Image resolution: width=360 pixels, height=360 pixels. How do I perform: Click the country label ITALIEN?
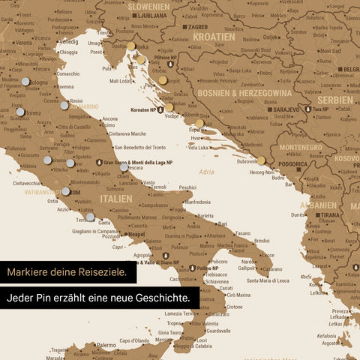click(115, 199)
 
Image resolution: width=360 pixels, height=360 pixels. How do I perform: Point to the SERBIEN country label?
click(334, 100)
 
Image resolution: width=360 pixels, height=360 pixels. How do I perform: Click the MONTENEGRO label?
click(303, 148)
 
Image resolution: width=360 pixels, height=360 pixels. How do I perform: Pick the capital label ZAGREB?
click(197, 26)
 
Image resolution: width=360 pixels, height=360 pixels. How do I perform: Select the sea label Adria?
click(207, 172)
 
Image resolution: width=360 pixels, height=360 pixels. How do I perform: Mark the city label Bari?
click(223, 223)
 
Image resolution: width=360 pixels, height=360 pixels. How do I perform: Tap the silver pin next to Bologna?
click(26, 82)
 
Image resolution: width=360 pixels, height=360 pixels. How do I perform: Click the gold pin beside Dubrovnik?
click(261, 160)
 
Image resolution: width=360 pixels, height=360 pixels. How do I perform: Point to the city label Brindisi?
click(262, 241)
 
